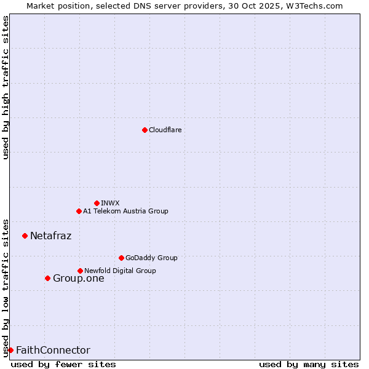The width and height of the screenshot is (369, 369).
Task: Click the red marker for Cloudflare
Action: point(145,130)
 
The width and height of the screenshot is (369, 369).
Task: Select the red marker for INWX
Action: point(97,203)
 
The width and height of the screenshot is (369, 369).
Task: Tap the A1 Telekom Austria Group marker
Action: point(79,211)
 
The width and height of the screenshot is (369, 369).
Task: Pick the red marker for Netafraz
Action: point(25,236)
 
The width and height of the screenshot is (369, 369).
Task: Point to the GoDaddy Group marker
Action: point(121,258)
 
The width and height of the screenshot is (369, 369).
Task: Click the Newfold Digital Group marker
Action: point(80,271)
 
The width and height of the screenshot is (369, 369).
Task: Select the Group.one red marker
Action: point(47,278)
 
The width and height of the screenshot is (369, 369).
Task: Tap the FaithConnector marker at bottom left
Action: point(10,350)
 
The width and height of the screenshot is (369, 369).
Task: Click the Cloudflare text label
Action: point(165,130)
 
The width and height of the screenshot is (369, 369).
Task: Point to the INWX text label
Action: point(110,203)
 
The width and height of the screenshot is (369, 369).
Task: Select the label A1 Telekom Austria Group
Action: point(125,211)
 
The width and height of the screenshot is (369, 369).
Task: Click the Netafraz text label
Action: point(50,236)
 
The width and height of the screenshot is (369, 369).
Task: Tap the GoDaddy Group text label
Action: point(151,258)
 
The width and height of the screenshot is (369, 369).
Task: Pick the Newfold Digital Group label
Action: point(120,271)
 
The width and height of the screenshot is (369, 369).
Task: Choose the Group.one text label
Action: point(78,278)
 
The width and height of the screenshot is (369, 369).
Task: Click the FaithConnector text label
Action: point(53,350)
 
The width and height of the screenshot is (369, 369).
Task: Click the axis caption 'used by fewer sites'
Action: point(63,364)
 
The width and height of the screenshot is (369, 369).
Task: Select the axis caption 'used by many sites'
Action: point(309,364)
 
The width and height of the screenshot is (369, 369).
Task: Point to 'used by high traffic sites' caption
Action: point(6,87)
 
